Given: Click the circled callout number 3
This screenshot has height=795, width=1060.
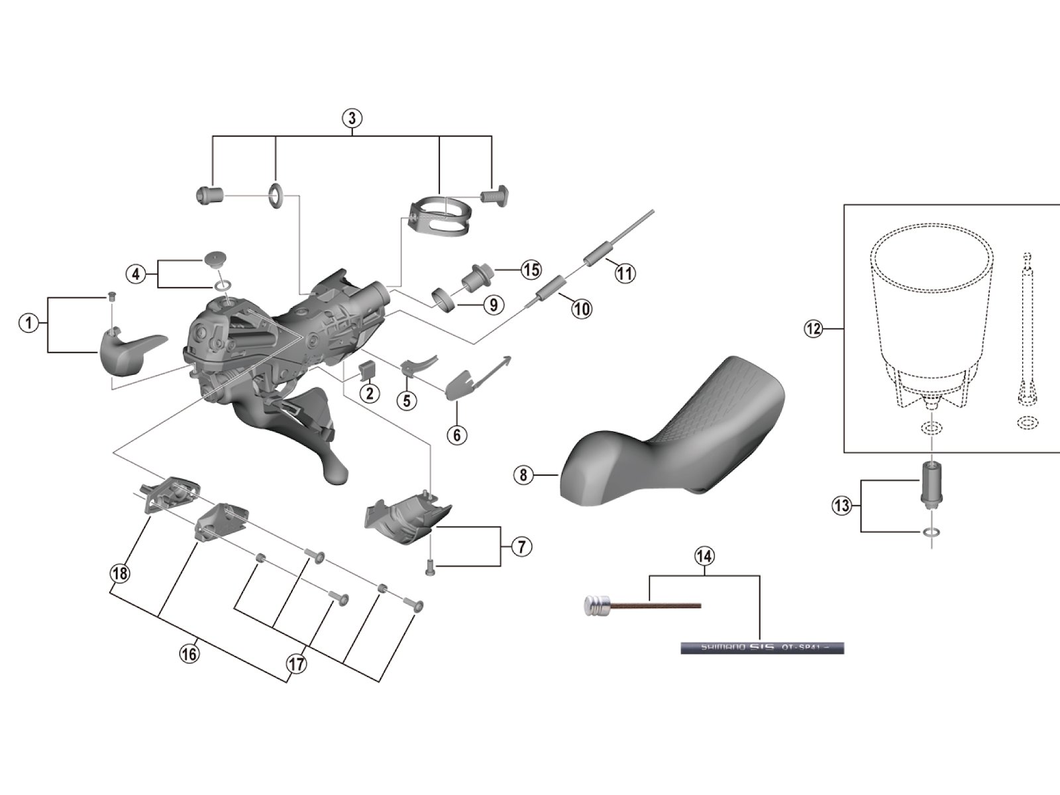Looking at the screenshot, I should pos(352,119).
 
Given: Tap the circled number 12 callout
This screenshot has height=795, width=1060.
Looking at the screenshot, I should pos(813,329).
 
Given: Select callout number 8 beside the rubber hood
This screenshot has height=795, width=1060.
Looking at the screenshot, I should pos(523,474).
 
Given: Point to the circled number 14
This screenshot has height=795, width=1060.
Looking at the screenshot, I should pos(704,556).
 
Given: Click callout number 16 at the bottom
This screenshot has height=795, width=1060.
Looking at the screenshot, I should pos(189,653).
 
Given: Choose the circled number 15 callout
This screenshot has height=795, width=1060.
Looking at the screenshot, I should pos(531,270).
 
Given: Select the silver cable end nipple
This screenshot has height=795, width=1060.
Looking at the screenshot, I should pos(597,604).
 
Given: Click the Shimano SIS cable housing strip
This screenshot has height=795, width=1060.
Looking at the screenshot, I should pos(762,648).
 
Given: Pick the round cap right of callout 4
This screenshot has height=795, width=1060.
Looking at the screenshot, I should pos(215,258).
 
